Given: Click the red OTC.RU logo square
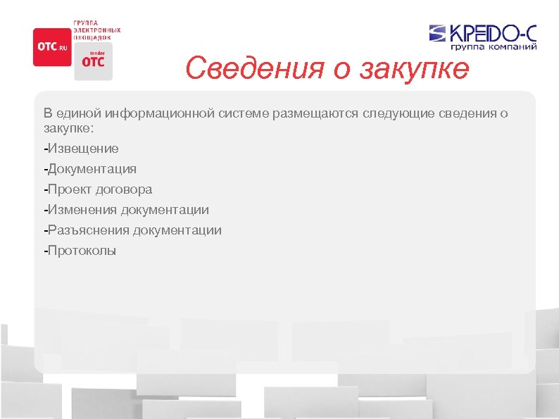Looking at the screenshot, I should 52,46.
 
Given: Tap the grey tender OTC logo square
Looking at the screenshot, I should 92,61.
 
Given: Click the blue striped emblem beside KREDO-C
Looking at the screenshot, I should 437,34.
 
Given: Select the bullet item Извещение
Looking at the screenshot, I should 81,149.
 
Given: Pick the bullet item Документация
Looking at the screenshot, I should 90,169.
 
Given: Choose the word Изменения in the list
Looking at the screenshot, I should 81,210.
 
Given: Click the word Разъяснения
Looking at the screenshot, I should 87,230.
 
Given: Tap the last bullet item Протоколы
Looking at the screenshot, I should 80,251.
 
